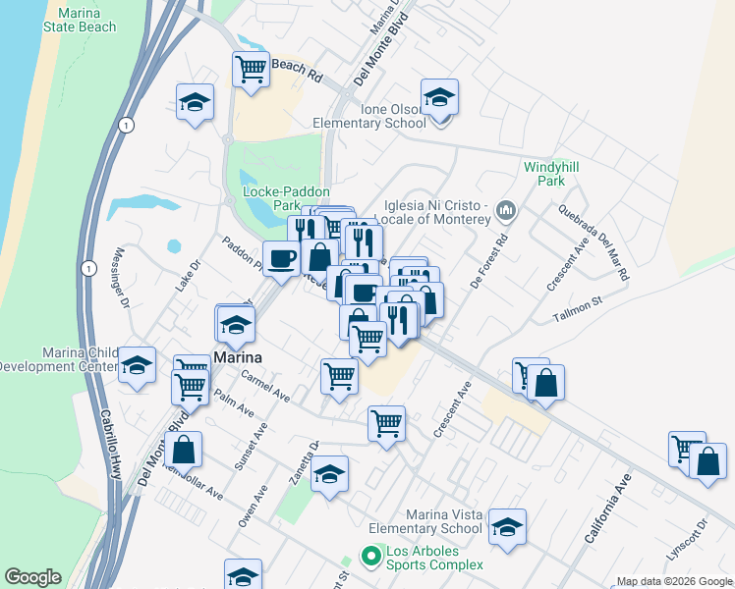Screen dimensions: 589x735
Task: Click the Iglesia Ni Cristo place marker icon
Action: point(507,210)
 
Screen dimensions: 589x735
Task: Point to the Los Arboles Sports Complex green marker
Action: point(370,557)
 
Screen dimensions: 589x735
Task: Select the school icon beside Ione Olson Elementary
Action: point(439,97)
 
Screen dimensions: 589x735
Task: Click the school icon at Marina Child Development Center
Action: point(137,365)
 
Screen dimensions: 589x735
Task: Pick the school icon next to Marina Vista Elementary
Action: point(507,527)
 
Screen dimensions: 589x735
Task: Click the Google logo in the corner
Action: point(32,577)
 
